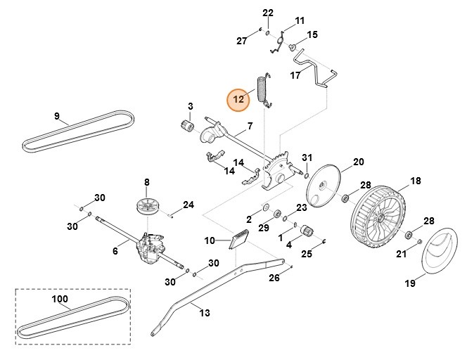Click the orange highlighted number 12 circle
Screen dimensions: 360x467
[238, 99]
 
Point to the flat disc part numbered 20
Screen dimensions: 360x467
[324, 186]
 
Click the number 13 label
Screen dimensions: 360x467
[205, 313]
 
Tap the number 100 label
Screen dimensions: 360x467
[60, 299]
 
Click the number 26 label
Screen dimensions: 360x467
[274, 278]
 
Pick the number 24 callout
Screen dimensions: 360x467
[188, 205]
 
